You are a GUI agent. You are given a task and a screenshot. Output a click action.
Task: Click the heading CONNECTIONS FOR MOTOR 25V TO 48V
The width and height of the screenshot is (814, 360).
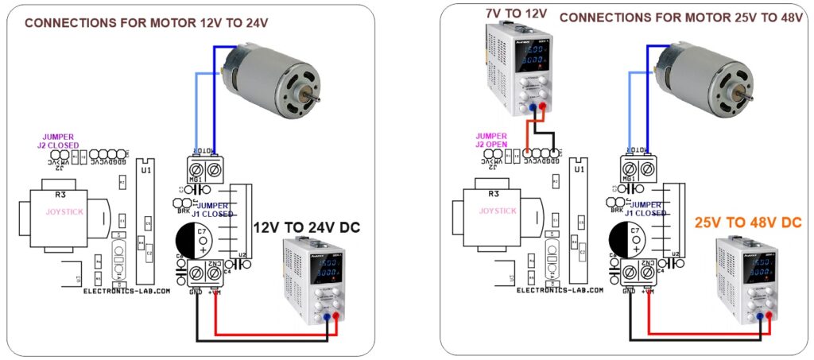(681, 17)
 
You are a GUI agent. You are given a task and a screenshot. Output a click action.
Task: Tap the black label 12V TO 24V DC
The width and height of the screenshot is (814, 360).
(307, 227)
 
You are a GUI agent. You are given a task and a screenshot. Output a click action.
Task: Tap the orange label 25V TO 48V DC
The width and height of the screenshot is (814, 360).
(748, 223)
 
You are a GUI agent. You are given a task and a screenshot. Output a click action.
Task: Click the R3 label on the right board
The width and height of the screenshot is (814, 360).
(493, 193)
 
